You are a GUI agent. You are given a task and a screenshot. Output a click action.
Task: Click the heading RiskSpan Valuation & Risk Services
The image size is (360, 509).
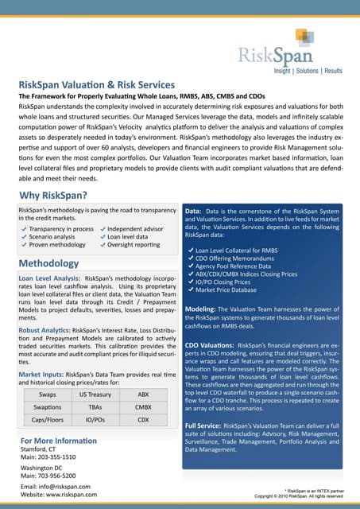pyautogui.click(x=96, y=84)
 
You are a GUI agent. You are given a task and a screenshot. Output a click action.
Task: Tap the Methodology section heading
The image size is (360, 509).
pyautogui.click(x=49, y=262)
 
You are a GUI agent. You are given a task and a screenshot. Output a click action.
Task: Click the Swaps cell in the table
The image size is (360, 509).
pyautogui.click(x=47, y=394)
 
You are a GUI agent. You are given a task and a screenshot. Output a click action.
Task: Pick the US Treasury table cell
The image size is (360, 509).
pyautogui.click(x=95, y=394)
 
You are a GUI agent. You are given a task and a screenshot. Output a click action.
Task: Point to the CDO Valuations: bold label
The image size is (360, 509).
pyautogui.click(x=208, y=344)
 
